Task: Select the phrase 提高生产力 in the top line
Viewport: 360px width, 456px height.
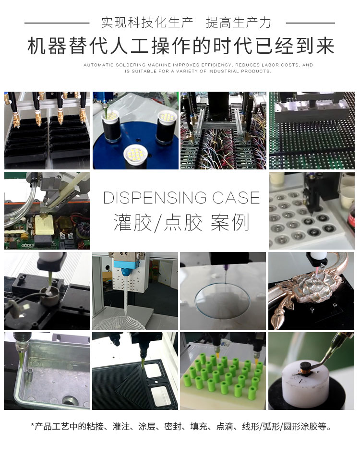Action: tap(239, 22)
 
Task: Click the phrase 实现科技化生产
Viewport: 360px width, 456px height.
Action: tap(147, 22)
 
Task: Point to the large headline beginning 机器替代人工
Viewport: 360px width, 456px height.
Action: tap(180, 47)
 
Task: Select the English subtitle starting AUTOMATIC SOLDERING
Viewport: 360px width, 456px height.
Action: tap(198, 68)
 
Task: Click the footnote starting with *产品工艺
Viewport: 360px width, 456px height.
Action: tap(180, 426)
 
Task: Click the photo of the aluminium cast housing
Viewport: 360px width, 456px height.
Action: tap(47, 371)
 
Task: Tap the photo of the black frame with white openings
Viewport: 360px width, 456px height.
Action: tap(134, 371)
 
